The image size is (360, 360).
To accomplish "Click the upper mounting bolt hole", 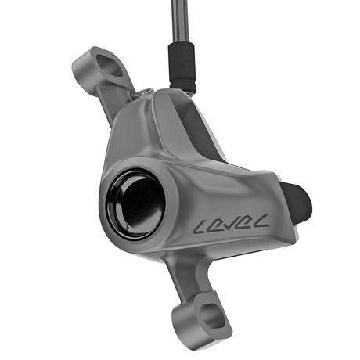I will point(110,67).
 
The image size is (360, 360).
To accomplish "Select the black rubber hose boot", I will point(181,63).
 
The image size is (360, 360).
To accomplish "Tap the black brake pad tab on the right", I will point(298,202).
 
